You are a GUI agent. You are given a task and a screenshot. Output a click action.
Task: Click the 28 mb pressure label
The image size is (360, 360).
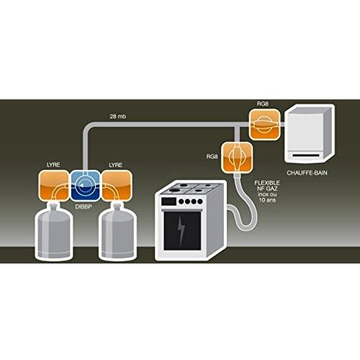[x=118, y=117]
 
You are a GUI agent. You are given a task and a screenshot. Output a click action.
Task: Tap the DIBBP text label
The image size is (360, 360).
[x=84, y=207]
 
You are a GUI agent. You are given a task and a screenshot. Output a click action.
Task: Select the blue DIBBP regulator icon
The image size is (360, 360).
[x=86, y=185]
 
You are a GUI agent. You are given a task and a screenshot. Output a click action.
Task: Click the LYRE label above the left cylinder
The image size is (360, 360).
[x=53, y=165]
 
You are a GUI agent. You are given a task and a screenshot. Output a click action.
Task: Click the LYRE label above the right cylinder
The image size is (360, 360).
[x=115, y=165]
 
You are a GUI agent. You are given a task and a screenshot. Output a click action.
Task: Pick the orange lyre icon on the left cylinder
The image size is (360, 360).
[x=55, y=185]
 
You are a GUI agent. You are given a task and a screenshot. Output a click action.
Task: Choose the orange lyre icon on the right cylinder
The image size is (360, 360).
[x=117, y=185]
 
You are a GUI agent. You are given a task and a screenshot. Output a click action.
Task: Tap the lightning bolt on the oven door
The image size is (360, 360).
[x=181, y=230]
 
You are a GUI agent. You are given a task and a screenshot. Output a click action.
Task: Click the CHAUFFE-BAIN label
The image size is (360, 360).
[x=307, y=173]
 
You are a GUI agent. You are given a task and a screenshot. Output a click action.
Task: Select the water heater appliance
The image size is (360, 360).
[x=310, y=135]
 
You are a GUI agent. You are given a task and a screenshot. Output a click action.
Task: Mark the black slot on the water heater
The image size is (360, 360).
[x=306, y=156]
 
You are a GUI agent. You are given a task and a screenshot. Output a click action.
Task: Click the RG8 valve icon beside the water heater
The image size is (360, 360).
[x=265, y=125]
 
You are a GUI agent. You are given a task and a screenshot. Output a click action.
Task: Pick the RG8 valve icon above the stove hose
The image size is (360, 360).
[x=237, y=158]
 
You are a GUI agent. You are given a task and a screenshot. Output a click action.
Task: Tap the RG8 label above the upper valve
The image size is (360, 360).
[x=263, y=104]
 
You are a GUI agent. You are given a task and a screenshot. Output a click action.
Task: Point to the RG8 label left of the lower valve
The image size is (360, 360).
[x=212, y=156]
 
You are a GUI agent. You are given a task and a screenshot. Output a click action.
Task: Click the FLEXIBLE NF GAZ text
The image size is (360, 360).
[x=267, y=186]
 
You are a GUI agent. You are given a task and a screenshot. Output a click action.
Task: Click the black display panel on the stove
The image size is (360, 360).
[x=168, y=201]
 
